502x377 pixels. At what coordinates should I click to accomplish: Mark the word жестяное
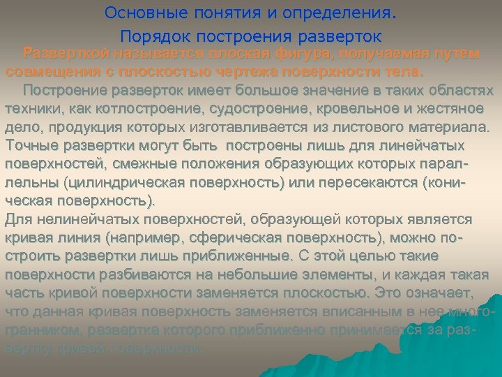pos(465,109)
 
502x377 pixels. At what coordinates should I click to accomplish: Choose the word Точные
pos(32,146)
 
